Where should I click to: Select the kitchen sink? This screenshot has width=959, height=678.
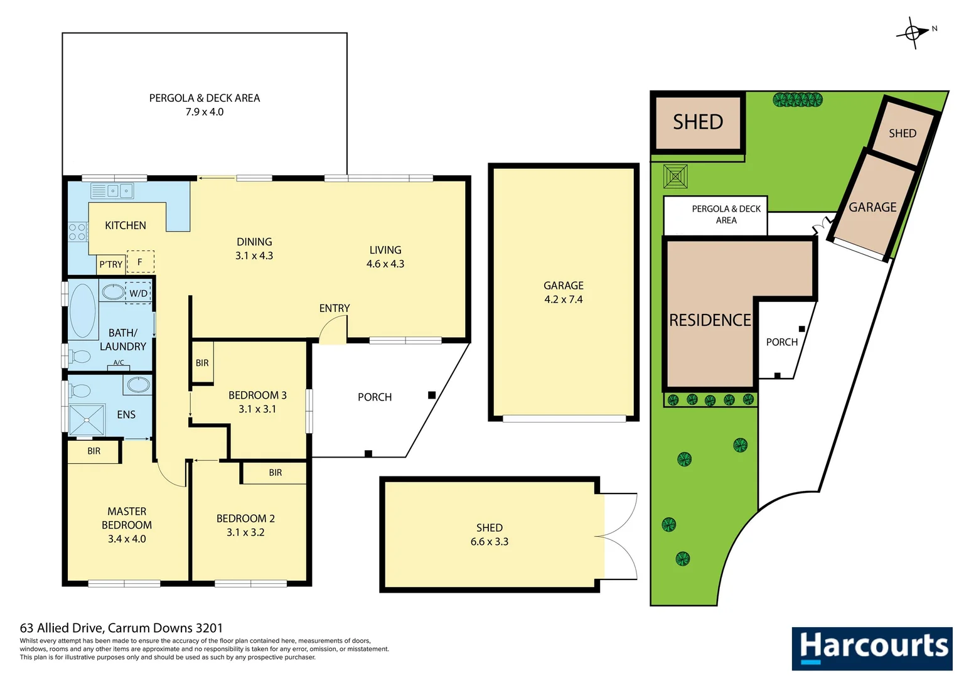(x=112, y=190)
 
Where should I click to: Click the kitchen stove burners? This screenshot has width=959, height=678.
(x=78, y=232)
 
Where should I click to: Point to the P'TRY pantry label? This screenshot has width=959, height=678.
(x=111, y=264)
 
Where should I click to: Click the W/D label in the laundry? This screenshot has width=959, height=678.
(x=139, y=293)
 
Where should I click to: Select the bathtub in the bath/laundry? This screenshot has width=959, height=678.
(x=82, y=310)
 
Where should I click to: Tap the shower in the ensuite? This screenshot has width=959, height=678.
(x=87, y=420)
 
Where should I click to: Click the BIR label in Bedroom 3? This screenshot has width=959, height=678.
(x=202, y=363)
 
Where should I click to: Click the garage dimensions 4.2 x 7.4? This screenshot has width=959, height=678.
(x=563, y=299)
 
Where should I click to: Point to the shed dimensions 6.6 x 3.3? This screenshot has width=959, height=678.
(x=489, y=542)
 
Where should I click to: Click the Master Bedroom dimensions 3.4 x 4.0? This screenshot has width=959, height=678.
(x=127, y=539)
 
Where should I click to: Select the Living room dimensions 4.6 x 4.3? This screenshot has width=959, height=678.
(x=385, y=264)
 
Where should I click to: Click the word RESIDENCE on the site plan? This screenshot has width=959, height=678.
(x=710, y=320)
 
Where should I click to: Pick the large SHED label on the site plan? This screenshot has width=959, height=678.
(x=698, y=122)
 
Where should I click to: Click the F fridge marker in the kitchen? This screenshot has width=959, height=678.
(x=140, y=262)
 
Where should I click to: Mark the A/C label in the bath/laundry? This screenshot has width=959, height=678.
(x=119, y=363)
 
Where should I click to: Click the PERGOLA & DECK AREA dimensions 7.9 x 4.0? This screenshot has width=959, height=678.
(x=205, y=112)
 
